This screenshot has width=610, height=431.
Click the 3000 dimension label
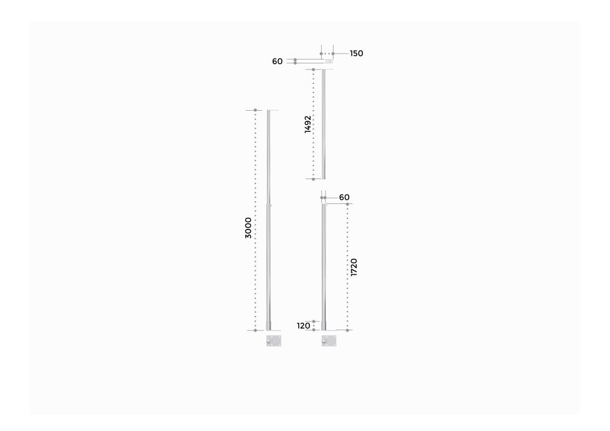click(x=248, y=228)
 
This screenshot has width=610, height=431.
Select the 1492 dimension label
click(x=308, y=124)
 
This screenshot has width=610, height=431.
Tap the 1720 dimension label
click(x=354, y=267)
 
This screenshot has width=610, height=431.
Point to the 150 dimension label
click(x=356, y=53)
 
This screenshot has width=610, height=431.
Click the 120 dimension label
click(x=304, y=326)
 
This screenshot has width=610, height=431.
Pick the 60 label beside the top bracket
click(x=278, y=62)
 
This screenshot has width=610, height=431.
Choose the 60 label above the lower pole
click(x=344, y=197)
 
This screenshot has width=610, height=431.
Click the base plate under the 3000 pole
click(x=274, y=340)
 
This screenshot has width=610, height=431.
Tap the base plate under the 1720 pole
click(x=329, y=340)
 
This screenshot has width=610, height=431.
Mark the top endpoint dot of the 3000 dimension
click(x=255, y=110)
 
